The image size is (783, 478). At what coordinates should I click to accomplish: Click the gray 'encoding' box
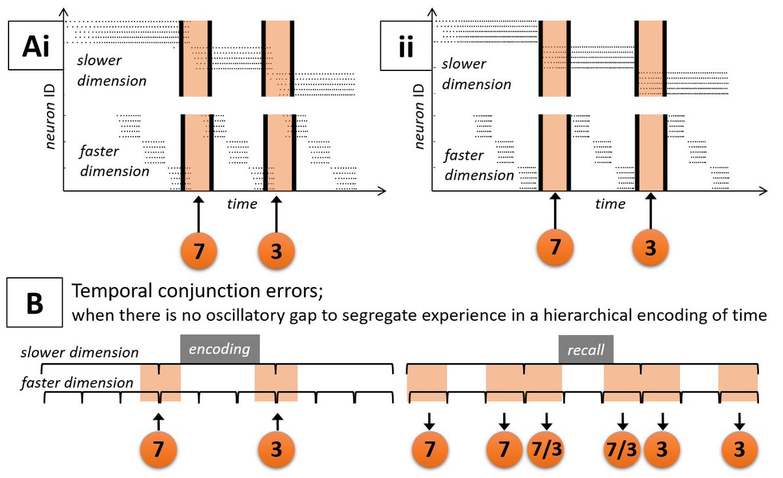[x=220, y=348]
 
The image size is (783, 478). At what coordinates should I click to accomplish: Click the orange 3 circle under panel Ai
[x=276, y=250]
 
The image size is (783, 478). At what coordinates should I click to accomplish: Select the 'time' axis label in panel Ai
[x=242, y=204]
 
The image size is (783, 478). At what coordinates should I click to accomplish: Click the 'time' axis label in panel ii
[x=610, y=204]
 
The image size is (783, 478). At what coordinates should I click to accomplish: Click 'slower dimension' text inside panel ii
[x=476, y=74]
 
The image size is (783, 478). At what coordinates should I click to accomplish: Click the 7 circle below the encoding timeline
[x=159, y=449]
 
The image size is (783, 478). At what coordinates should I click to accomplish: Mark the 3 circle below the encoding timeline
[x=276, y=449]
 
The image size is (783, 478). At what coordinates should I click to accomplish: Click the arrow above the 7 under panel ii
[x=555, y=212]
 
